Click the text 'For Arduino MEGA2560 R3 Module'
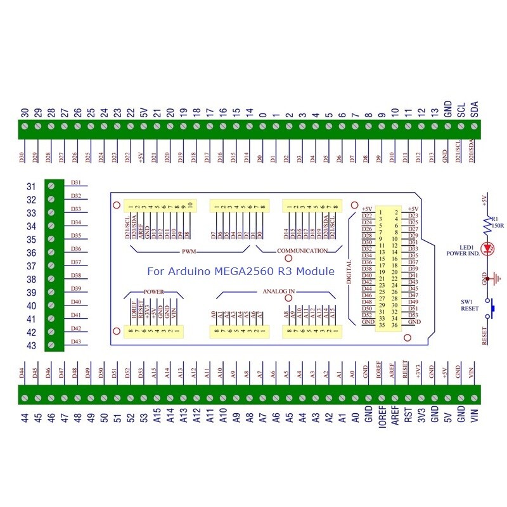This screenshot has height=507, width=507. (241, 271)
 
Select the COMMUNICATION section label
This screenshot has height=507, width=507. (302, 251)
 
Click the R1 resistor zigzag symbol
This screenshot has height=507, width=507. (488, 221)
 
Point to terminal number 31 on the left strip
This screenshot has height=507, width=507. (31, 186)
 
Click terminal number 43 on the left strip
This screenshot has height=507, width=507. (31, 345)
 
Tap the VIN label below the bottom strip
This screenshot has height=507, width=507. (473, 419)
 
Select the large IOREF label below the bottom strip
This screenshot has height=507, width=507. (382, 422)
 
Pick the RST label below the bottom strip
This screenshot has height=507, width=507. (408, 419)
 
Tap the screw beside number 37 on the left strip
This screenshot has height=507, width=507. (51, 266)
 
